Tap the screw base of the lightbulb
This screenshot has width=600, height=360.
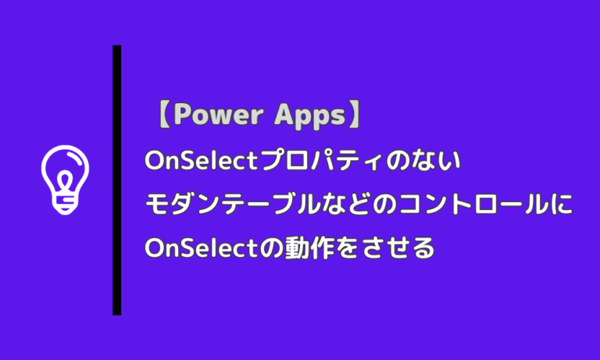tap(65, 205)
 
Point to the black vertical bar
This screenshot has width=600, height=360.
tap(116, 180)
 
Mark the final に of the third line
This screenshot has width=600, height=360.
tap(563, 204)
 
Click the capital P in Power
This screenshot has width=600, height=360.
tap(184, 116)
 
